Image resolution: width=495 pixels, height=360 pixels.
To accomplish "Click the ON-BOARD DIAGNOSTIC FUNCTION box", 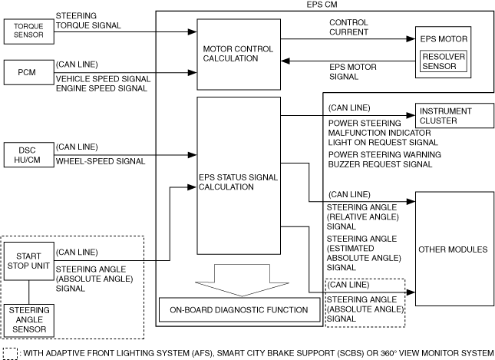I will click(239, 309).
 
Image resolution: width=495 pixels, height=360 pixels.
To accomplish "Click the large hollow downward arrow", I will click(239, 276).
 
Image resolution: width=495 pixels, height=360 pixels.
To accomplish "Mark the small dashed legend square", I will click(10, 353).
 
